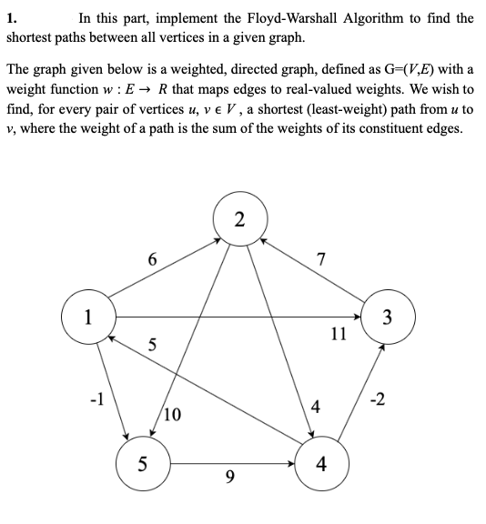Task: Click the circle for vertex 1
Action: [x=87, y=317]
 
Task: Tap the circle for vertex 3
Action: [x=388, y=317]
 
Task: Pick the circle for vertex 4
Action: [x=320, y=464]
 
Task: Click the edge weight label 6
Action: [x=152, y=259]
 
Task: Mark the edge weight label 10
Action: [x=173, y=415]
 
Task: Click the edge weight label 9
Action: [x=229, y=475]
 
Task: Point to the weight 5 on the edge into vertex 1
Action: [x=152, y=345]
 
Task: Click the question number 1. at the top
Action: [x=13, y=17]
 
